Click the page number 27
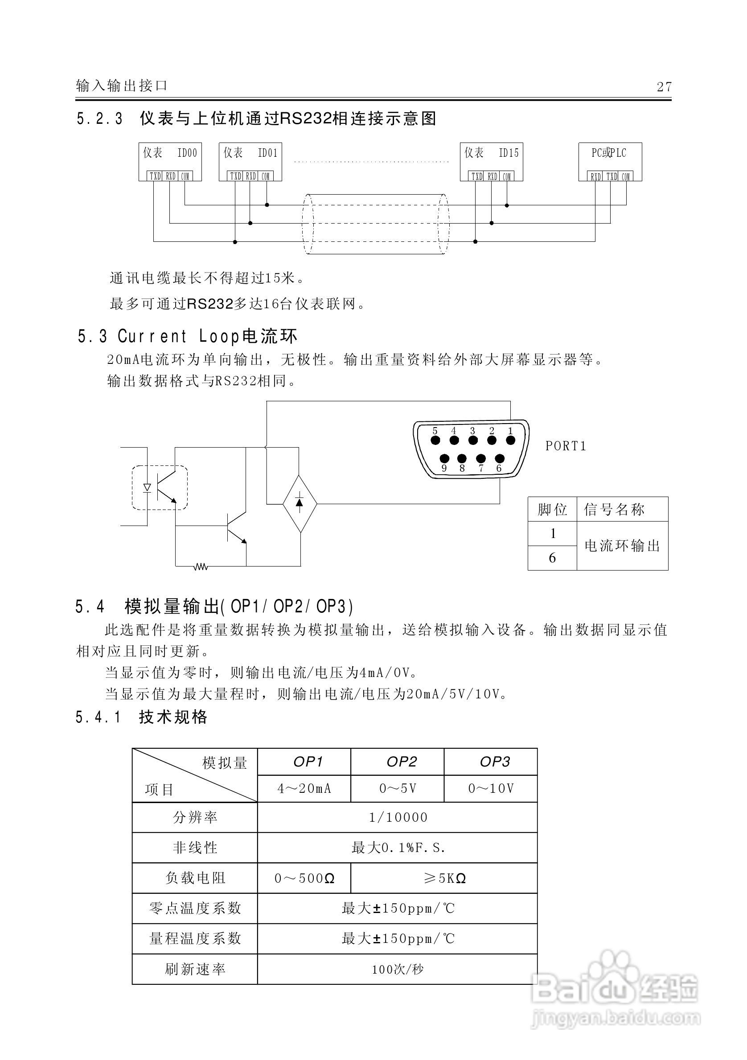(x=664, y=87)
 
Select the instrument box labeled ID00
(x=170, y=161)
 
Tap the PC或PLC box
(x=610, y=161)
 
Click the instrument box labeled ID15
(x=491, y=161)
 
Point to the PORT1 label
(x=566, y=446)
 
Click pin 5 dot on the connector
(x=435, y=440)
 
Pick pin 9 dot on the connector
(x=444, y=459)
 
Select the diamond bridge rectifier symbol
(x=300, y=504)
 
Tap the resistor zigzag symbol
(x=201, y=566)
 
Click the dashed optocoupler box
(x=160, y=488)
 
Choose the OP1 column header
(x=308, y=761)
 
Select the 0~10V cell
(x=491, y=788)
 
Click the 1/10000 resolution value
(x=397, y=818)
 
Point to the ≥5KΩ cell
(x=444, y=878)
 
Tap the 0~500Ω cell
(x=304, y=878)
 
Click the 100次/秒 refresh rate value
(x=397, y=970)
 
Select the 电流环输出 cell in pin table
(x=622, y=546)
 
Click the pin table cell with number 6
(x=552, y=558)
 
